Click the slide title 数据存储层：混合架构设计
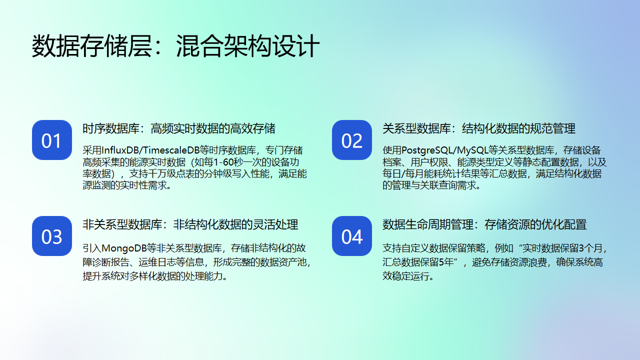pos(175,47)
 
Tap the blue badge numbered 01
pos(51,141)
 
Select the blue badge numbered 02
pos(351,141)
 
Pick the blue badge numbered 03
pos(51,237)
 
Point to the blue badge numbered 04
pos(351,237)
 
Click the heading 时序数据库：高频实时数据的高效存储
pos(179,128)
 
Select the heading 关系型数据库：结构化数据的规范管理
pos(479,128)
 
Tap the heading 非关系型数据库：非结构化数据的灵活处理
pos(190,224)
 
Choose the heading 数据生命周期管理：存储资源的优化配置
pos(485,224)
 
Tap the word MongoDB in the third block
pos(127,246)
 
